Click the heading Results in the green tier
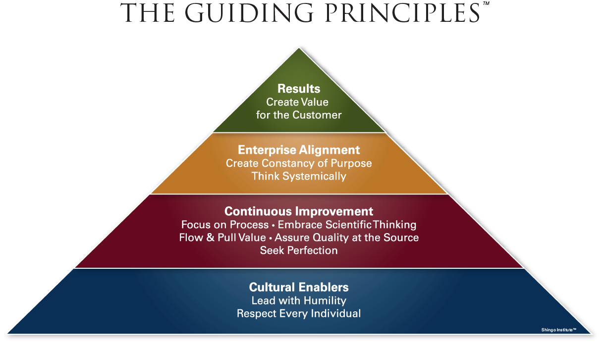point(299,89)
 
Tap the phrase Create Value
point(297,102)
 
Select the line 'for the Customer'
point(299,115)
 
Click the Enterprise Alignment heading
point(299,150)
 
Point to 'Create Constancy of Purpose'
point(299,163)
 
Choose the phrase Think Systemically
point(299,176)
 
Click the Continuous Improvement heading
point(299,211)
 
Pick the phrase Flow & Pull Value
point(222,238)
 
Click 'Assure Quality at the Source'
point(347,238)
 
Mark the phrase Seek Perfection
point(299,250)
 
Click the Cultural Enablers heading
point(299,287)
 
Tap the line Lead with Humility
point(299,300)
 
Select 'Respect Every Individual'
point(299,313)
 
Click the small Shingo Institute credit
point(558,329)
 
